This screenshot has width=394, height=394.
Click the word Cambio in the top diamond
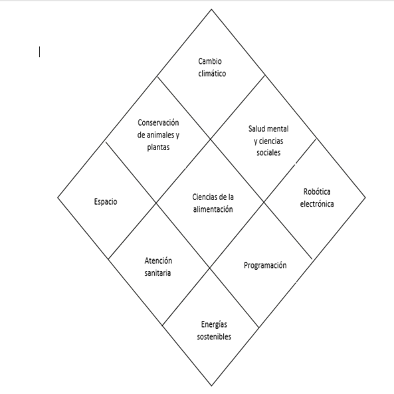[210, 61]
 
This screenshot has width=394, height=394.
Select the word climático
[212, 73]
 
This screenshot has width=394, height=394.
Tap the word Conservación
[158, 123]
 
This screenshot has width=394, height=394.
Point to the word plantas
[158, 148]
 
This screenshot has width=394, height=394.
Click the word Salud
[256, 129]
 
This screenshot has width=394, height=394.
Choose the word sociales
[268, 153]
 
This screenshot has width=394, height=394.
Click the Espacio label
[106, 201]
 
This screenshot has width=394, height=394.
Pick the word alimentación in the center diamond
[213, 209]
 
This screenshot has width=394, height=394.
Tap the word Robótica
[317, 192]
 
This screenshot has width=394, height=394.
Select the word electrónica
[317, 204]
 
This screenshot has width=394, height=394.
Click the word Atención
[158, 261]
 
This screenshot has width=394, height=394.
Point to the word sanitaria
[158, 273]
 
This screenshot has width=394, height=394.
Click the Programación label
[265, 266]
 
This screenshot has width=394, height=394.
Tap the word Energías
[214, 325]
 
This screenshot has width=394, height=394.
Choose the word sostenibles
[214, 336]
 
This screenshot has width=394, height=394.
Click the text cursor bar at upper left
[39, 52]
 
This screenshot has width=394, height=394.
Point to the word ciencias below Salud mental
[271, 141]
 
